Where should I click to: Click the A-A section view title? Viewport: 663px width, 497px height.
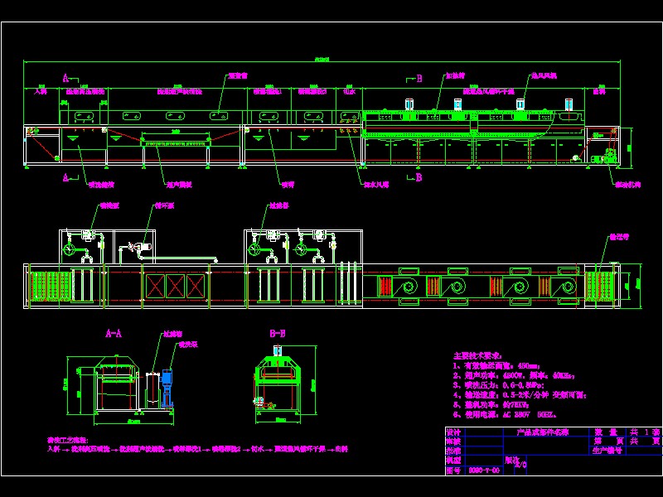click(114, 333)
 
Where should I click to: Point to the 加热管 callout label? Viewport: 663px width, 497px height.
click(455, 75)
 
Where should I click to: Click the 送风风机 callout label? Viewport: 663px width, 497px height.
click(544, 75)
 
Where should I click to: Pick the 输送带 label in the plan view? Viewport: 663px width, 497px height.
click(620, 237)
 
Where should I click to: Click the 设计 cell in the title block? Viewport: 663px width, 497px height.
click(452, 432)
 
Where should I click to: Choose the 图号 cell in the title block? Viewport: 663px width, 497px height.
click(452, 470)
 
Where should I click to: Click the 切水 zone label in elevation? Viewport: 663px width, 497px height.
click(349, 90)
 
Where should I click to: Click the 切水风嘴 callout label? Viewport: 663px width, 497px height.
click(374, 185)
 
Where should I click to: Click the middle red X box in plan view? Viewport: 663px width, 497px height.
click(177, 286)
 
